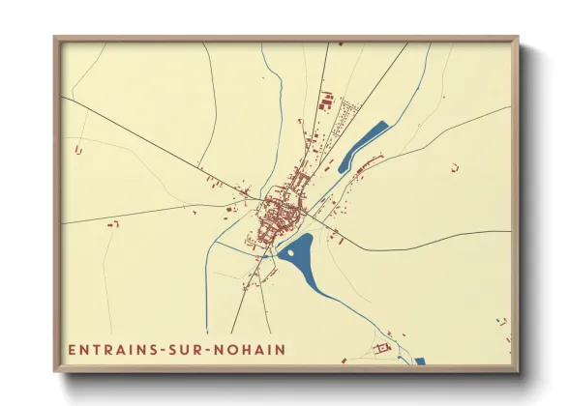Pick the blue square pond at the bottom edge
click(x=420, y=362)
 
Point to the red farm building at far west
click(x=77, y=150)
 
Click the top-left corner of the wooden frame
click(x=56, y=40)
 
